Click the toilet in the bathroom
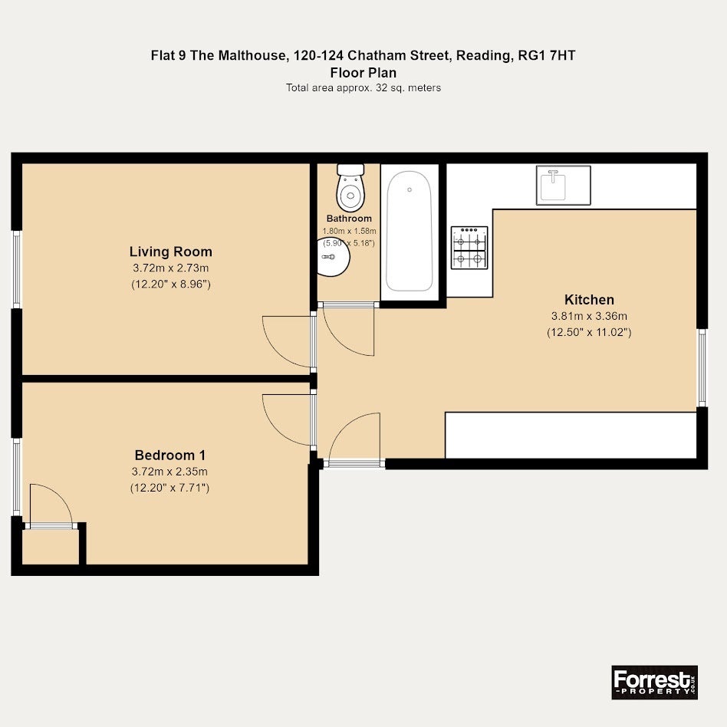pos(350,187)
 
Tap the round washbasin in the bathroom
pos(333,257)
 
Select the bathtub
pos(410,231)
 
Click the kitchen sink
pos(563,186)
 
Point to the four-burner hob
pos(469,248)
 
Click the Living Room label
pos(170,252)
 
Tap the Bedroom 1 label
pos(169,455)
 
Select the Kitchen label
pos(589,300)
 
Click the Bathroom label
pos(349,219)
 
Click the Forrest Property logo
pos(655,683)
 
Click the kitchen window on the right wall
pos(702,367)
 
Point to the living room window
pos(17,269)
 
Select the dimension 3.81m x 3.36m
pos(589,316)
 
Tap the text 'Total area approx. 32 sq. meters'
pos(363,87)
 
